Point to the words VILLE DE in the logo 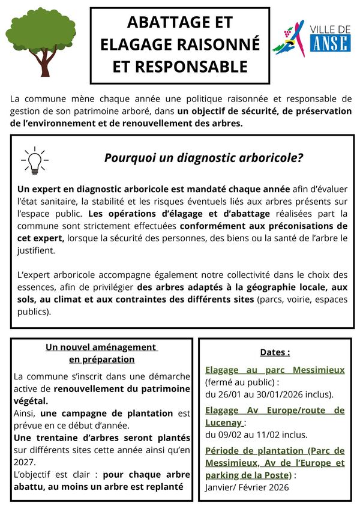331,29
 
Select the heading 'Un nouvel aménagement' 101,347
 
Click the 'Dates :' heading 275,352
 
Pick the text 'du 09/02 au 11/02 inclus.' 256,435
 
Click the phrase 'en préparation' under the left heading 101,360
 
